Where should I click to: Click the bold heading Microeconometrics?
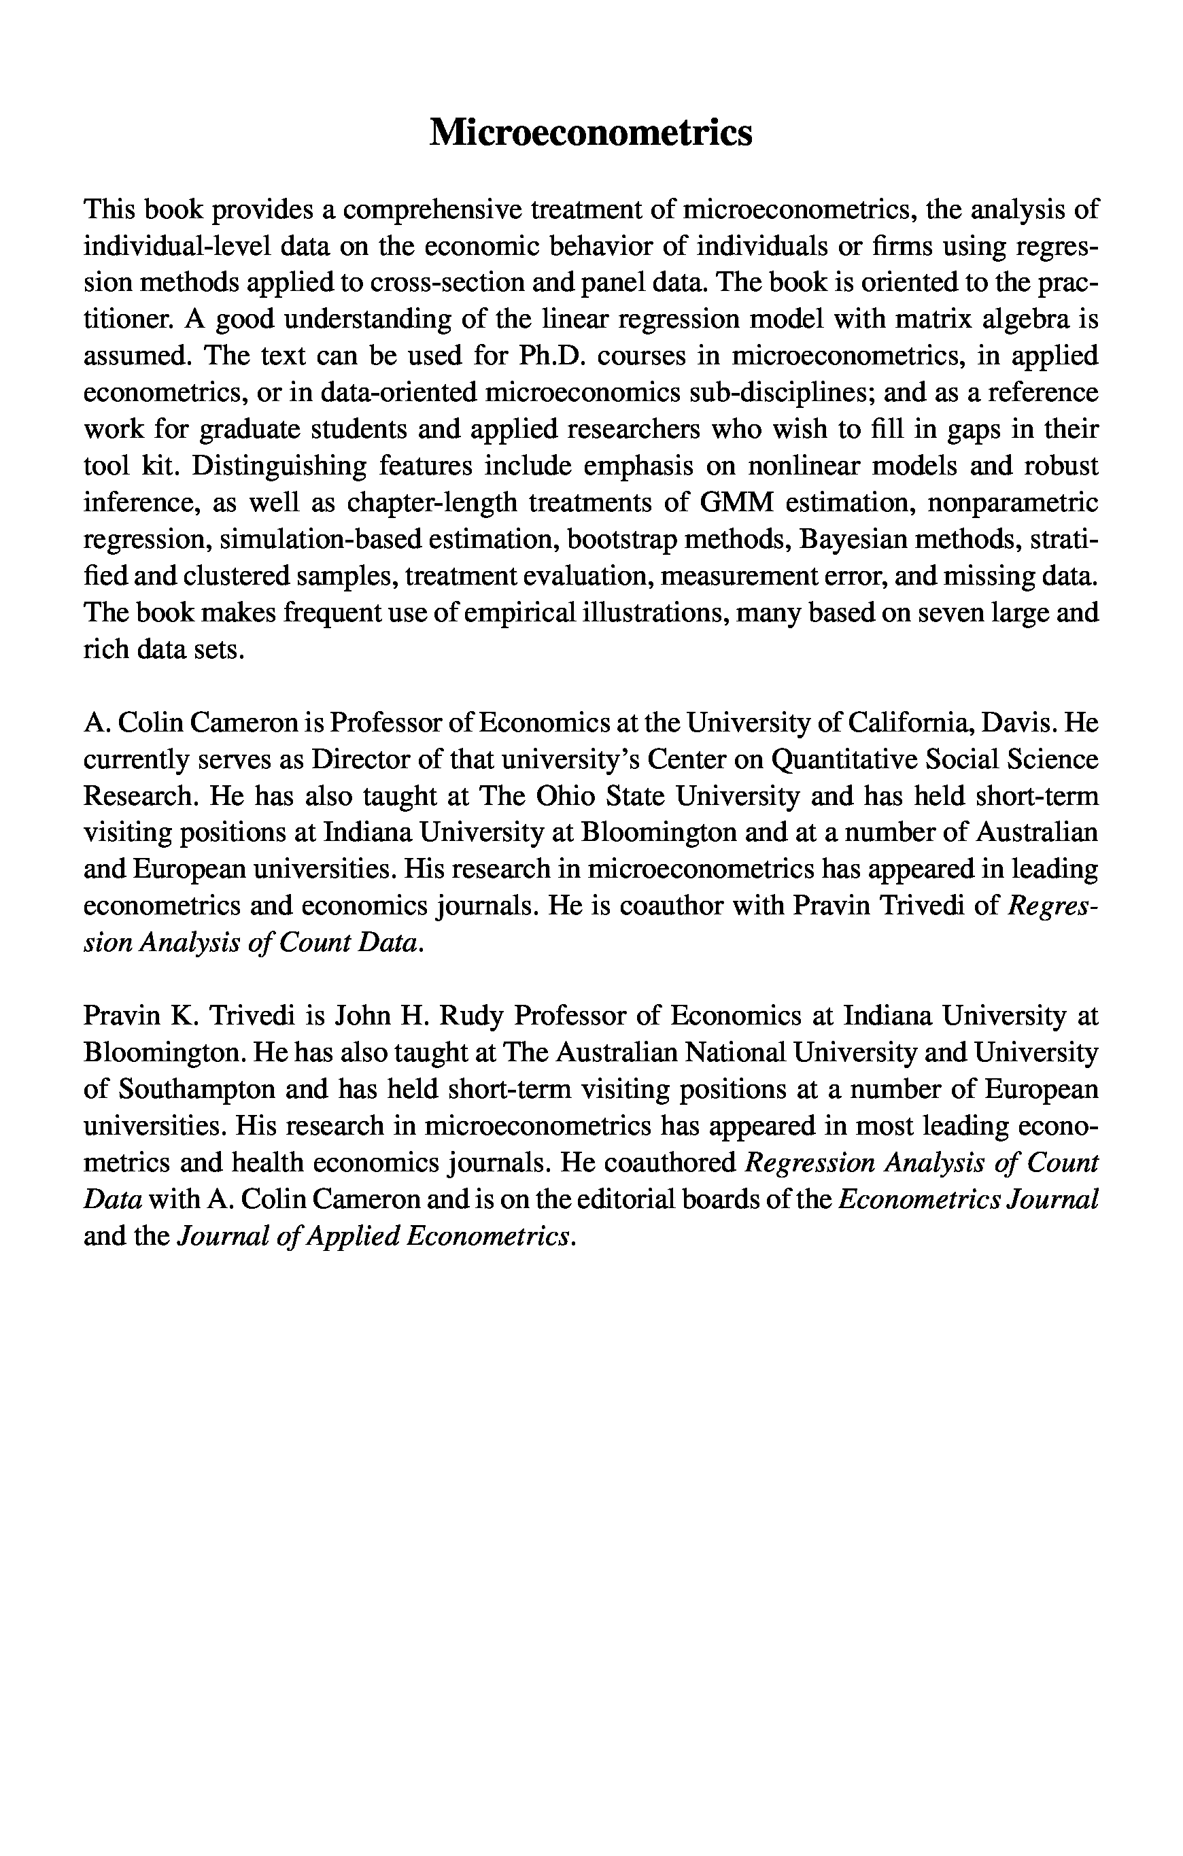590,133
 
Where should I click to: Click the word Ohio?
555,796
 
